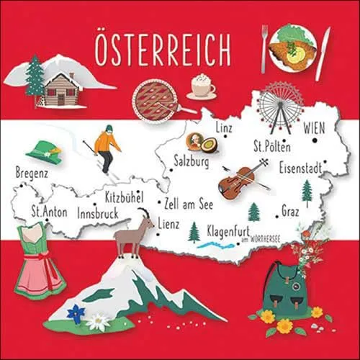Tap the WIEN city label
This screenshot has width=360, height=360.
coord(314,128)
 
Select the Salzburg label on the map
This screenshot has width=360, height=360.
coord(192,163)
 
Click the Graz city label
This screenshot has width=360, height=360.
coord(290,212)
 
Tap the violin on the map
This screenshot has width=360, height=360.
coord(241,179)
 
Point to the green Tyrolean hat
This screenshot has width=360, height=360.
coord(45,151)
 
